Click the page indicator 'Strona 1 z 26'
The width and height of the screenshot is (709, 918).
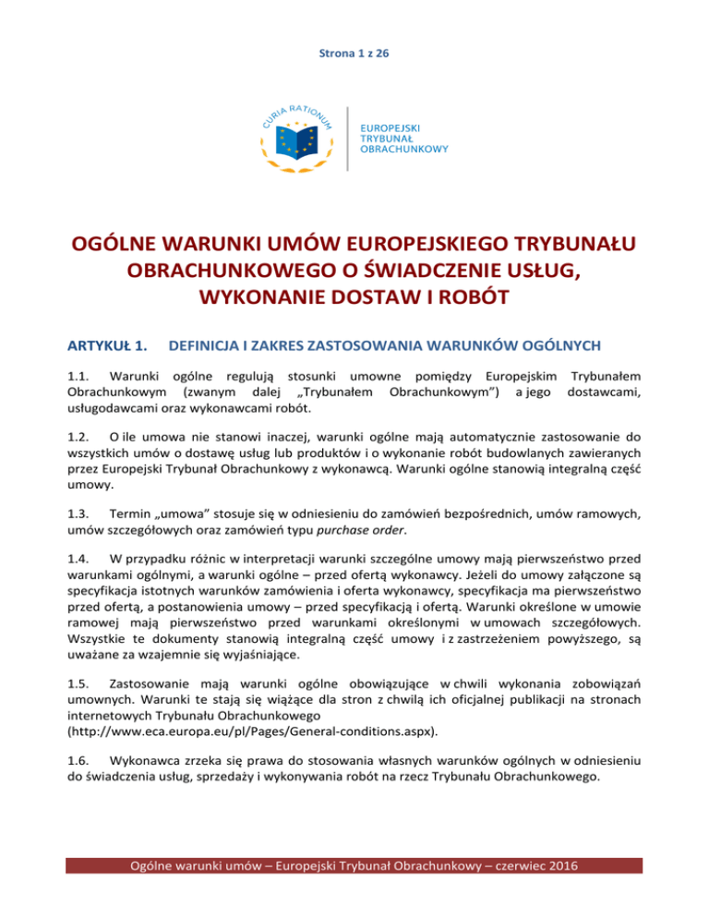[354, 54]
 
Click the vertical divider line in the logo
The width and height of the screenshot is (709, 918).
[346, 139]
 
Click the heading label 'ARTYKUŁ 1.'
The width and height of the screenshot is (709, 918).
[102, 345]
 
